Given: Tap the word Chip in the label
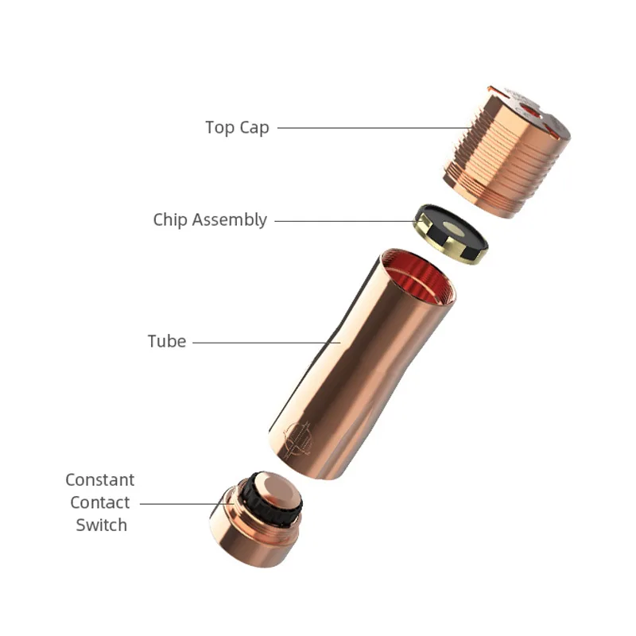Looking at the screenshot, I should click(169, 219).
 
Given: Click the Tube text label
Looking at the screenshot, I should click(167, 342).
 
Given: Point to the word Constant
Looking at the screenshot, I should click(100, 480).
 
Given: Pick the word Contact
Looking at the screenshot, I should click(100, 502).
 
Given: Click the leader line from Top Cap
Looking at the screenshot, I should click(366, 127).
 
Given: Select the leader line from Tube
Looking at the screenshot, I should click(262, 343).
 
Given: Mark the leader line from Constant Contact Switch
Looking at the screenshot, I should click(179, 502).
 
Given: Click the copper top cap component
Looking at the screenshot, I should click(501, 167).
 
